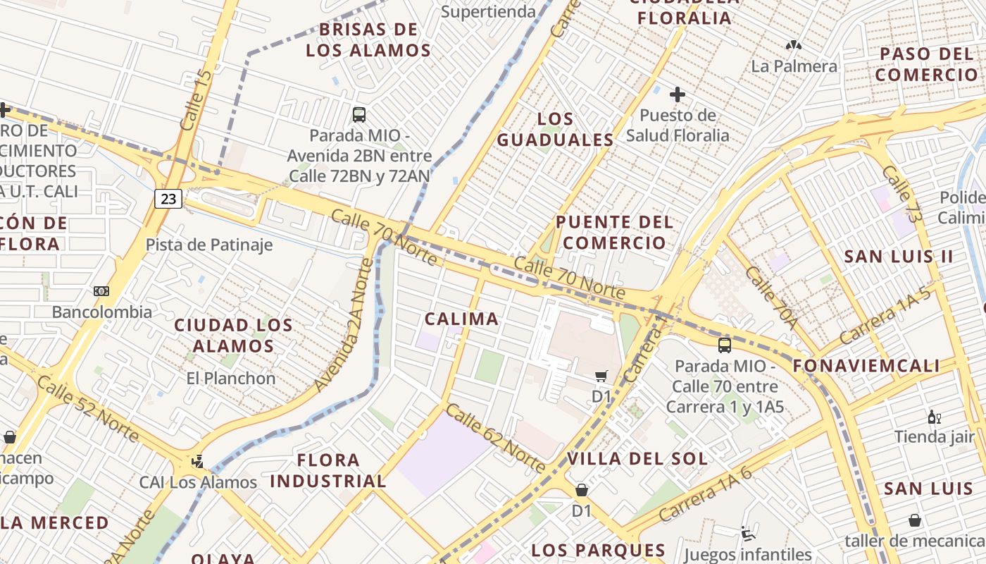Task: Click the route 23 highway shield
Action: (168, 199)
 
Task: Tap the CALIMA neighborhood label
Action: (461, 319)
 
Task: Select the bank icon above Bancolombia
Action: (101, 291)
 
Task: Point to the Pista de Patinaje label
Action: (209, 245)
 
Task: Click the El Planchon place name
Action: (231, 378)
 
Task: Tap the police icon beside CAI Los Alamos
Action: (198, 462)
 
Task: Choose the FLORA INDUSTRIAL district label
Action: (328, 471)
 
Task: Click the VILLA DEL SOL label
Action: (637, 458)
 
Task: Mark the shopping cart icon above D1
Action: (601, 376)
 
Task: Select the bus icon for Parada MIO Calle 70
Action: (725, 345)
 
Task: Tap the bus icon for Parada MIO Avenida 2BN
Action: (359, 114)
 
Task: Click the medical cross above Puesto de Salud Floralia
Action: (678, 94)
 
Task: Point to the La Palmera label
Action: (794, 66)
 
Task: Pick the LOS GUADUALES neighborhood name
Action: (556, 129)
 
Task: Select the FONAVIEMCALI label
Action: (866, 365)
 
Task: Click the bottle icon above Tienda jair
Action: (935, 417)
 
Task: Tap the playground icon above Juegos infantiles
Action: (748, 534)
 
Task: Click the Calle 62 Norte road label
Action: (496, 438)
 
